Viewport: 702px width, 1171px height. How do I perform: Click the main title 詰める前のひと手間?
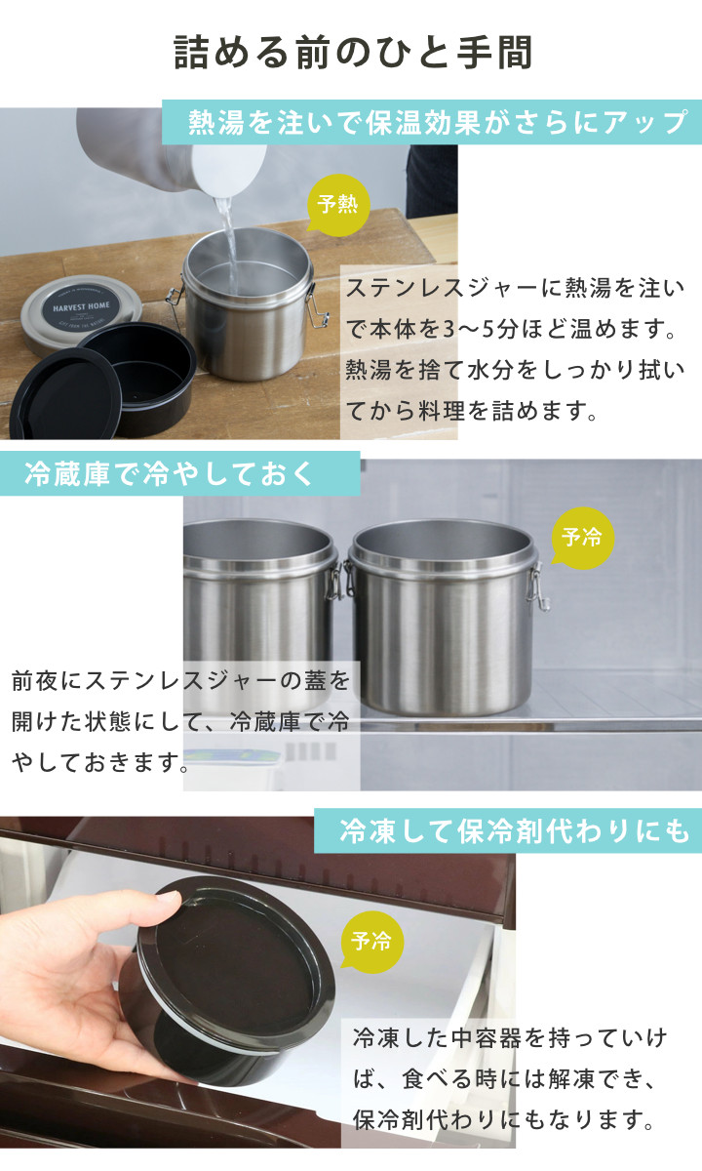point(353,53)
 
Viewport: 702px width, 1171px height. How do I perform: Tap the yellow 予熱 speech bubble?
point(338,204)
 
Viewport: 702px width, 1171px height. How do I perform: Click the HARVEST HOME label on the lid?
point(82,306)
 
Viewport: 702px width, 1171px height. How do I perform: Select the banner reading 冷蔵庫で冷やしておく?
point(179,473)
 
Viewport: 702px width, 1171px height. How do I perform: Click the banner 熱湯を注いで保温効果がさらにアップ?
point(431,122)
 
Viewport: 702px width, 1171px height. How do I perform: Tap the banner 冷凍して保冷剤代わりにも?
point(508,830)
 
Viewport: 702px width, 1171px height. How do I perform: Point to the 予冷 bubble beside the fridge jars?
point(582,538)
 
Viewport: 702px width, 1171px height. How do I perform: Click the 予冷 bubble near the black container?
point(371,941)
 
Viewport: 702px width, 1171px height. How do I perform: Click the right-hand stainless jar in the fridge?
point(443,617)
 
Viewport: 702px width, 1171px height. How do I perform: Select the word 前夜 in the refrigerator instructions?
point(35,681)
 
